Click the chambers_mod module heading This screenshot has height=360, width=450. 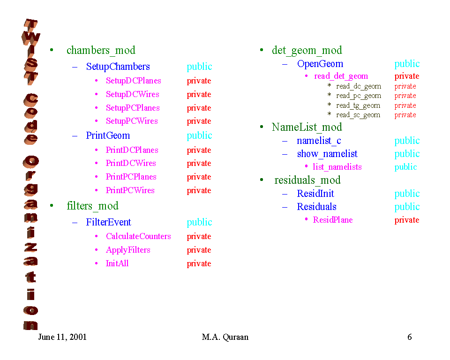(101, 51)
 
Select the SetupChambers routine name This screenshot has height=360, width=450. (118, 67)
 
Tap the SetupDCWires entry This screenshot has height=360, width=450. (132, 94)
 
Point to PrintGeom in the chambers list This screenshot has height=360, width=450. (108, 135)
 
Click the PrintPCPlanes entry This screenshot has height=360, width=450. (131, 177)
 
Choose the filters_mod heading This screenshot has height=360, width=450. (92, 206)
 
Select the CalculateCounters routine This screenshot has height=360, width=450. (138, 236)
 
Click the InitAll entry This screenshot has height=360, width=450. (117, 263)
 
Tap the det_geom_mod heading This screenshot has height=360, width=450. (307, 51)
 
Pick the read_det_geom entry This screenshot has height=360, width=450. (341, 76)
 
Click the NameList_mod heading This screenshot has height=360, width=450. (307, 127)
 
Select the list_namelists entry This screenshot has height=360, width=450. (337, 167)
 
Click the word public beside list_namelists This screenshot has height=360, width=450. (405, 167)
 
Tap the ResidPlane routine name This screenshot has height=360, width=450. (332, 220)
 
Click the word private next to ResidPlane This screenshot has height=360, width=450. (406, 220)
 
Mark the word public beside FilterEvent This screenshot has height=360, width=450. (199, 222)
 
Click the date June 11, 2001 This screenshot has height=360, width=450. (62, 337)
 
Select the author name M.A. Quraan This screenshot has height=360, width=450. (225, 337)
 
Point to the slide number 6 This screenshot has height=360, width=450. (409, 337)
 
